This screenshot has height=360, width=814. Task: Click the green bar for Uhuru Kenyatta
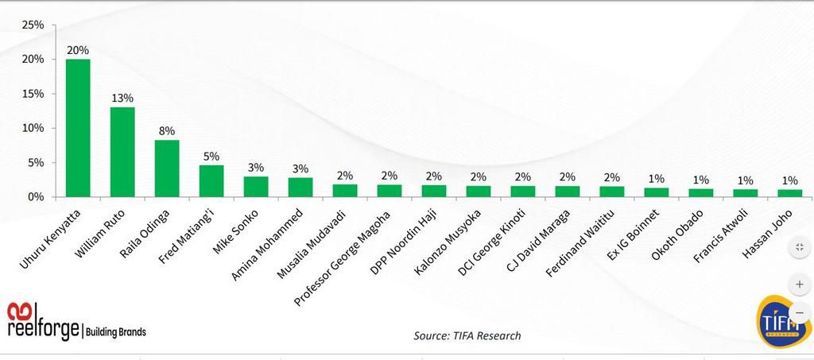pyautogui.click(x=77, y=127)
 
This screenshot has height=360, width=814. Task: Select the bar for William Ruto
pyautogui.click(x=122, y=151)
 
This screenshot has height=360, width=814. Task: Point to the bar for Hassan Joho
pyautogui.click(x=789, y=193)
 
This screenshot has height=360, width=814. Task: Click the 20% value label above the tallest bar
pyautogui.click(x=78, y=49)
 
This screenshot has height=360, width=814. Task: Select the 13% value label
pyautogui.click(x=122, y=97)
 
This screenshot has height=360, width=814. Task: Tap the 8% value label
pyautogui.click(x=167, y=130)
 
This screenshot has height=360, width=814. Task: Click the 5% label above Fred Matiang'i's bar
pyautogui.click(x=211, y=156)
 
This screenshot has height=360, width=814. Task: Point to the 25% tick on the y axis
pyautogui.click(x=33, y=25)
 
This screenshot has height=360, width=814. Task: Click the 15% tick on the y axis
pyautogui.click(x=33, y=94)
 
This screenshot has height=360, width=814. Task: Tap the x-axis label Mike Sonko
pyautogui.click(x=235, y=227)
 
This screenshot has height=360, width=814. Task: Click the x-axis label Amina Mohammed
pyautogui.click(x=266, y=242)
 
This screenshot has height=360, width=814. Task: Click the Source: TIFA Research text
pyautogui.click(x=467, y=335)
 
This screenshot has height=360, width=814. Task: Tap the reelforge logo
pyautogui.click(x=76, y=322)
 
